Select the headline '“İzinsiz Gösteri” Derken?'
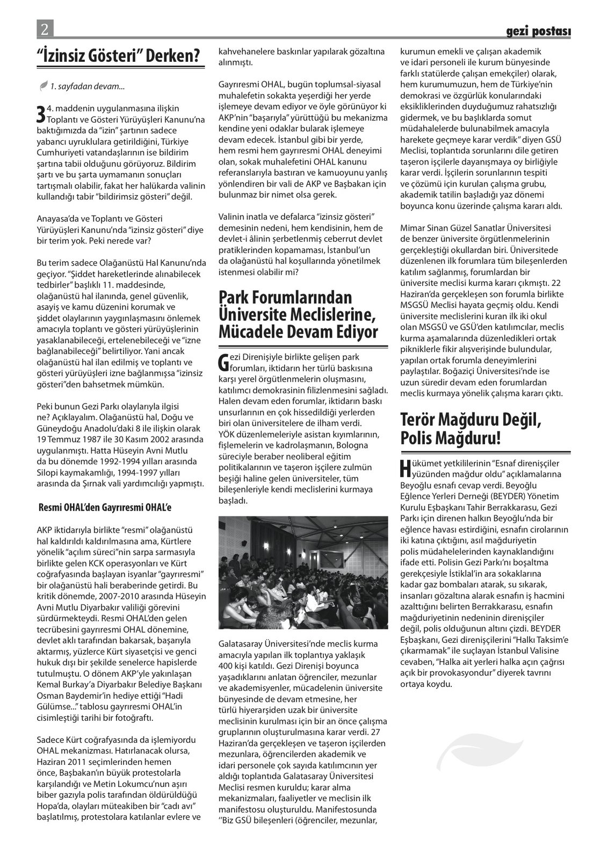click(121, 54)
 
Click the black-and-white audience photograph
click(303, 573)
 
